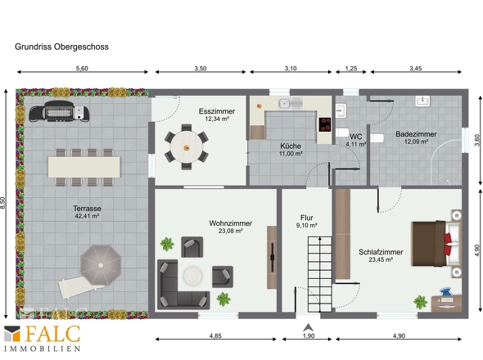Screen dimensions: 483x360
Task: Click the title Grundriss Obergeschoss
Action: pyautogui.click(x=61, y=47)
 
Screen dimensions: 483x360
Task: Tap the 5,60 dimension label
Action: pyautogui.click(x=82, y=69)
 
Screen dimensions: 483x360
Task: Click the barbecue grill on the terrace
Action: pyautogui.click(x=59, y=111)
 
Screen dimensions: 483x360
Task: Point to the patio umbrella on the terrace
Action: pyautogui.click(x=101, y=265)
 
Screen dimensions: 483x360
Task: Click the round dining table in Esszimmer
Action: pyautogui.click(x=187, y=147)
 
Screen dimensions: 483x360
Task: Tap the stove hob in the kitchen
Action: pyautogui.click(x=325, y=124)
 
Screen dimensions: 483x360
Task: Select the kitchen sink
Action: pyautogui.click(x=290, y=103)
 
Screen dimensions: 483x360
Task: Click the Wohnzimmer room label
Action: pyautogui.click(x=230, y=223)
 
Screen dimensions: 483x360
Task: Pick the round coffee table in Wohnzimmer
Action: pyautogui.click(x=193, y=275)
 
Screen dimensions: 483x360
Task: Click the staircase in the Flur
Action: pyautogui.click(x=320, y=274)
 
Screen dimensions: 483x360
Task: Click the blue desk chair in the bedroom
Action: pyautogui.click(x=445, y=292)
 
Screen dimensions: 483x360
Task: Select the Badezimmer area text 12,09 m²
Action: pyautogui.click(x=416, y=142)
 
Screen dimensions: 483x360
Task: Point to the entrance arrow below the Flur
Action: pyautogui.click(x=308, y=327)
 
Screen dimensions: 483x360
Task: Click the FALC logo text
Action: pyautogui.click(x=52, y=334)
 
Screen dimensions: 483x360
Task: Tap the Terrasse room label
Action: pyautogui.click(x=87, y=208)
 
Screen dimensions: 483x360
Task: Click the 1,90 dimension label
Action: pyautogui.click(x=309, y=335)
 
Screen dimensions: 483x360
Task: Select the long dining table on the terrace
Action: pyautogui.click(x=84, y=167)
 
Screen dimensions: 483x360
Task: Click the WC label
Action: pyautogui.click(x=356, y=137)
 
